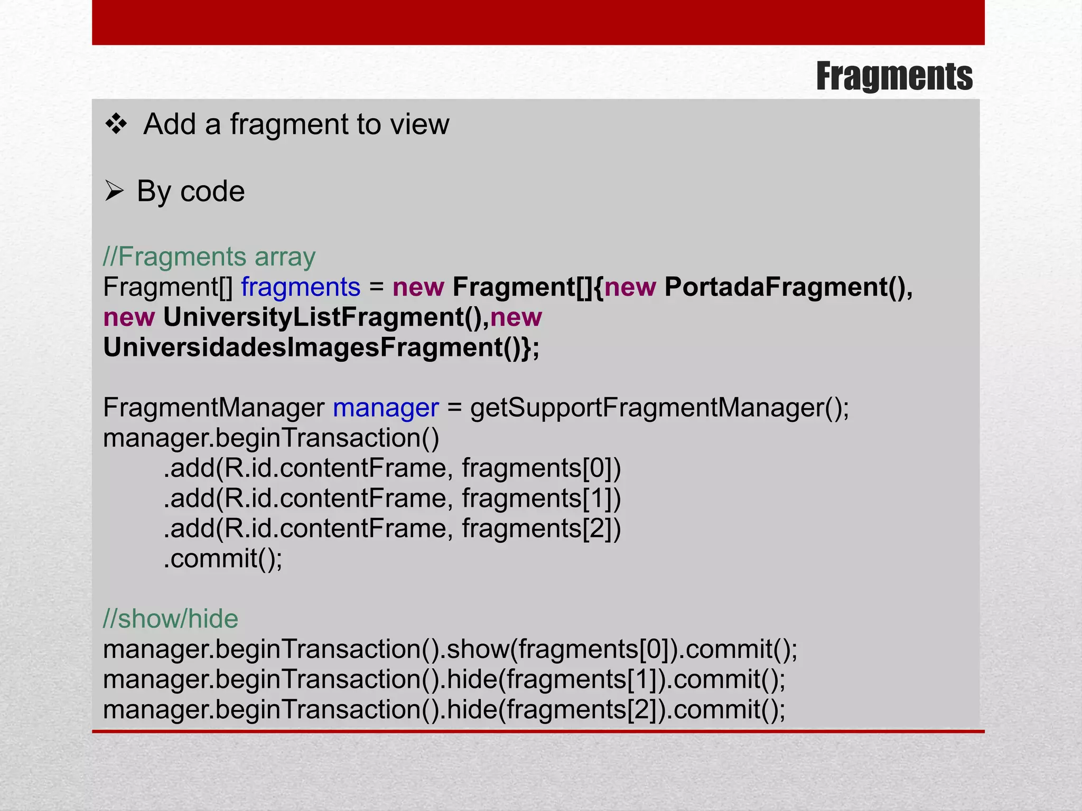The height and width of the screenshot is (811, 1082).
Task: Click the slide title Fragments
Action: click(x=894, y=77)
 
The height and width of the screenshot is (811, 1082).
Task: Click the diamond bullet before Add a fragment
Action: click(x=116, y=125)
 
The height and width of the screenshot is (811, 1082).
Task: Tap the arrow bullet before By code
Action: click(x=114, y=191)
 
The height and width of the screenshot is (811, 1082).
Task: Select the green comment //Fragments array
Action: click(x=209, y=257)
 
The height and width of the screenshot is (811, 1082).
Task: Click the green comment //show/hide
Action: click(x=171, y=619)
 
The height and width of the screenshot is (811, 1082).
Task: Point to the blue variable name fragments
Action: click(x=301, y=287)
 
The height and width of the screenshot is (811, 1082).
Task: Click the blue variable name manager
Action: click(x=386, y=408)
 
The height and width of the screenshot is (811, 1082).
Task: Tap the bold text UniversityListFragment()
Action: click(x=326, y=317)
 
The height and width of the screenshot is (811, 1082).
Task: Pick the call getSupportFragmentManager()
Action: click(x=659, y=408)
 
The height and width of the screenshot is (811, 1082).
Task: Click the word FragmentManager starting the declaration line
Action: click(x=213, y=408)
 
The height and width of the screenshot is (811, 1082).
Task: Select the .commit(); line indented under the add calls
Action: click(x=223, y=559)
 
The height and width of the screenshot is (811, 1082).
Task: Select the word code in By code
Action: click(x=212, y=191)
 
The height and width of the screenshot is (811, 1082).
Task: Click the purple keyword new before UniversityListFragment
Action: click(x=129, y=317)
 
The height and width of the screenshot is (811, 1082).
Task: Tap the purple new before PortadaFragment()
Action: click(x=630, y=287)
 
